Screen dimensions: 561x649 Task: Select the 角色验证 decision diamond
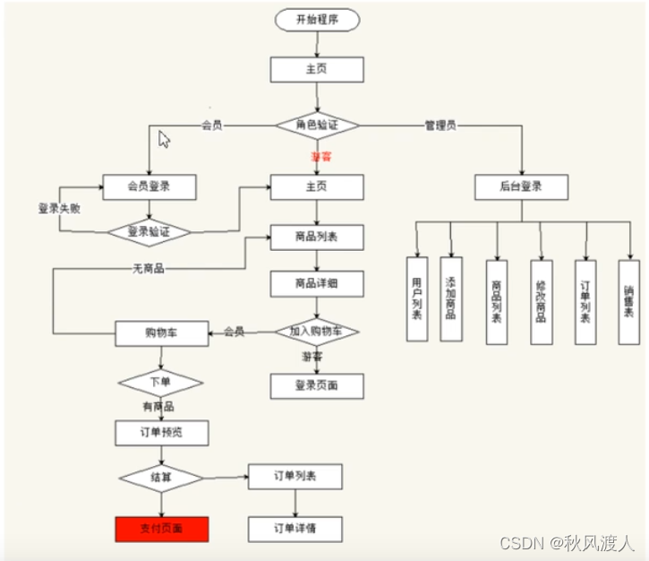coord(317,125)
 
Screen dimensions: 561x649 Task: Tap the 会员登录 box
coord(149,187)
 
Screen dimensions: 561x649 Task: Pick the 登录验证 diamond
coord(149,231)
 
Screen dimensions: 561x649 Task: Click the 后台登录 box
coord(521,187)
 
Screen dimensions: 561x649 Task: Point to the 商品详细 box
coord(317,284)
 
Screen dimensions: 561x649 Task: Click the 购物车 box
coord(161,333)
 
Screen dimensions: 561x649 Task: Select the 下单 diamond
coord(161,383)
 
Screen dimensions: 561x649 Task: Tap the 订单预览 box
coord(161,434)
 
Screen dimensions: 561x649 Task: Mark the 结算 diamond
coord(161,478)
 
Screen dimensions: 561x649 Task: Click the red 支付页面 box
coord(161,529)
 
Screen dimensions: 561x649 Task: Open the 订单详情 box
coord(295,529)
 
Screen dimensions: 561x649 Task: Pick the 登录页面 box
coord(317,386)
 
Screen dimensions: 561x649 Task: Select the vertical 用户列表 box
coord(417,300)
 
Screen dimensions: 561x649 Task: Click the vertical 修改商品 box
coord(540,302)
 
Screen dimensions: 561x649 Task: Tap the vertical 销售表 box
coord(628,302)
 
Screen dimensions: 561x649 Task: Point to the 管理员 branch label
coord(440,125)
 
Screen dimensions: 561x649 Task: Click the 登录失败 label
coord(59,208)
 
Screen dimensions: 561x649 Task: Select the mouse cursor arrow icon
coord(164,139)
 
